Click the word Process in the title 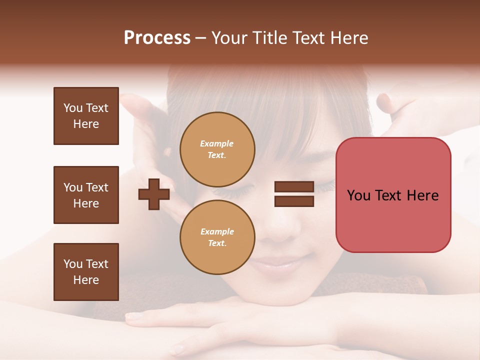point(157,38)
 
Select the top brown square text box point(86,116)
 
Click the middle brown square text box point(86,195)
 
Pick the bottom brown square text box point(86,272)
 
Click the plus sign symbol point(154,194)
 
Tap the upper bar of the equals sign point(294,187)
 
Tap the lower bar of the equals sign point(294,201)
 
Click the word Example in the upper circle point(217,143)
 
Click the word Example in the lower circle point(217,231)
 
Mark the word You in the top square point(72,108)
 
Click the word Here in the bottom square point(86,280)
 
